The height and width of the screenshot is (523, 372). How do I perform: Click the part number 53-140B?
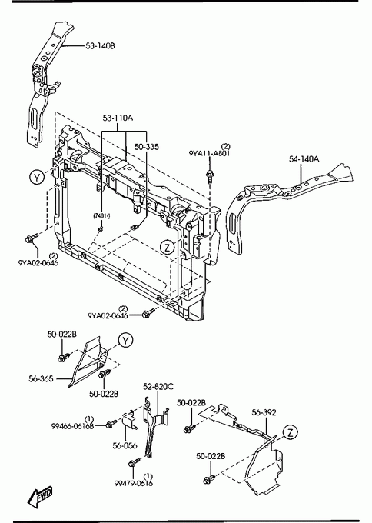point(100,45)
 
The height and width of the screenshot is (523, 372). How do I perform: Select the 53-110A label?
point(118,118)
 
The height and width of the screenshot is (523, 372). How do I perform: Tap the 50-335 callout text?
point(147,147)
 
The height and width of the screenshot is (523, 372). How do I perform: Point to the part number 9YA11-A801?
point(209,153)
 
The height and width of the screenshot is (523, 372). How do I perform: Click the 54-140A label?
point(304,159)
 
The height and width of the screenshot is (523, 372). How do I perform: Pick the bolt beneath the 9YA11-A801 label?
point(210,176)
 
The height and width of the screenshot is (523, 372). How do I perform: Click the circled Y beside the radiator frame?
point(37,177)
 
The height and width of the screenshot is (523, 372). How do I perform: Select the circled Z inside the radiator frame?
point(168,247)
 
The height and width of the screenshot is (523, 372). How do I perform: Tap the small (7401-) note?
point(101,216)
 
